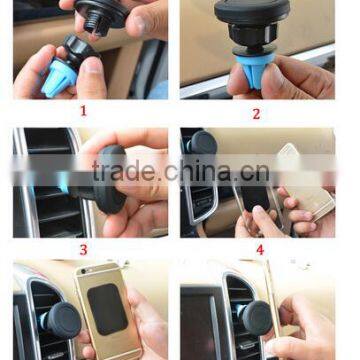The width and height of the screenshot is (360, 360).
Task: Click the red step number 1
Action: click(x=83, y=112)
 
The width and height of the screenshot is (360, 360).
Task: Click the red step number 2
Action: click(x=255, y=113)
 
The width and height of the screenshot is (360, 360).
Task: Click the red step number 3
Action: click(x=83, y=249)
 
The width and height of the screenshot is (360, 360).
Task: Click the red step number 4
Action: click(x=259, y=249)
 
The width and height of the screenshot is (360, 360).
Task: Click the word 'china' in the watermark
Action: click(x=204, y=172)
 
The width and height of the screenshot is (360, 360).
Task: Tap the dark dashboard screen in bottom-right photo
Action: click(x=200, y=320)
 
